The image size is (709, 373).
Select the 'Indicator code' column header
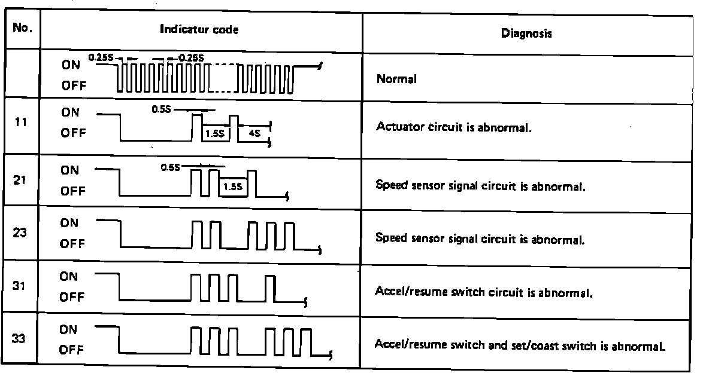pyautogui.click(x=199, y=29)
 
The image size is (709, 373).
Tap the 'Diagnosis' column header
pyautogui.click(x=526, y=34)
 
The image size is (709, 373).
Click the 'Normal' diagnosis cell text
pyautogui.click(x=396, y=79)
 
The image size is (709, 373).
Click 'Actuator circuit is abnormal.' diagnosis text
pyautogui.click(x=454, y=127)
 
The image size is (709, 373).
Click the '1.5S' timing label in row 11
pyautogui.click(x=214, y=134)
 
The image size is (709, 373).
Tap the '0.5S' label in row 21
pyautogui.click(x=169, y=167)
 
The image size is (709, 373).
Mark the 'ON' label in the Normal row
pyautogui.click(x=70, y=66)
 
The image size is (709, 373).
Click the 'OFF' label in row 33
pyautogui.click(x=72, y=350)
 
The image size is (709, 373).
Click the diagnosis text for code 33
pyautogui.click(x=520, y=346)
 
